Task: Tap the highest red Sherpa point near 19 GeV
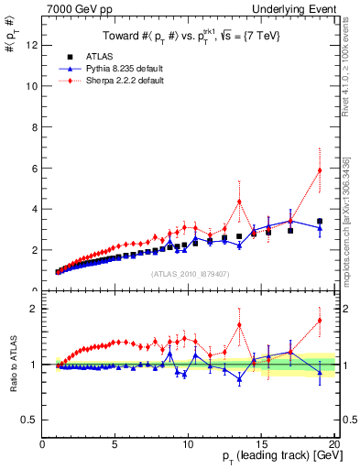click(320, 170)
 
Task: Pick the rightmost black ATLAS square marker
click(320, 222)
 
